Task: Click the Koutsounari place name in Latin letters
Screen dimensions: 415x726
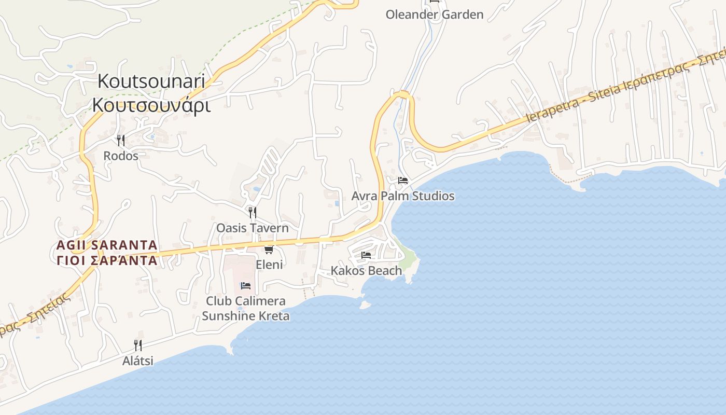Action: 151,81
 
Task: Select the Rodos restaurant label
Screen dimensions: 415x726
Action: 121,156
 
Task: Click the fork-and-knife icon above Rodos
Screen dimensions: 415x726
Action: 121,140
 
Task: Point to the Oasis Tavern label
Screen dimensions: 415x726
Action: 252,228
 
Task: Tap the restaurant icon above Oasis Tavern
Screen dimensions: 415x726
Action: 252,212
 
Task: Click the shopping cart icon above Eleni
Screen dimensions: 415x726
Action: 269,250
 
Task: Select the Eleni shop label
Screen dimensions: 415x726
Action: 269,265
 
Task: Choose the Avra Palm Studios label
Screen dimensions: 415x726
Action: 403,196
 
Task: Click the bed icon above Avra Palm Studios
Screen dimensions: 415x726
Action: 403,181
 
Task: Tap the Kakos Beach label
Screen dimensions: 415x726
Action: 366,270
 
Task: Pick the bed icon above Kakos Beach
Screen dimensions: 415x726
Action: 366,255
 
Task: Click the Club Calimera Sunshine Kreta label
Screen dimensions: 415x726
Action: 246,308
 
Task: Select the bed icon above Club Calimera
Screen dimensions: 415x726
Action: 246,286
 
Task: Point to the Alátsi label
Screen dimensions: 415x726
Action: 138,361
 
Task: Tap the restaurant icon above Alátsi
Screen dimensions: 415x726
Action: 138,345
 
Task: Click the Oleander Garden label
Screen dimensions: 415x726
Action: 435,15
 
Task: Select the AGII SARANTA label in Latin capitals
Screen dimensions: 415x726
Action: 107,245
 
